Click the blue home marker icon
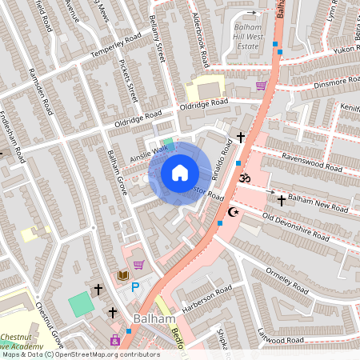180,173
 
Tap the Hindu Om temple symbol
245,177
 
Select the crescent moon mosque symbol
234,212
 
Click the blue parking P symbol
135,286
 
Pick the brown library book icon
123,275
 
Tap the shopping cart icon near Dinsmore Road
261,86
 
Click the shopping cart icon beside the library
138,265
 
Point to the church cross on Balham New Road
281,198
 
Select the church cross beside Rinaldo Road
240,138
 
